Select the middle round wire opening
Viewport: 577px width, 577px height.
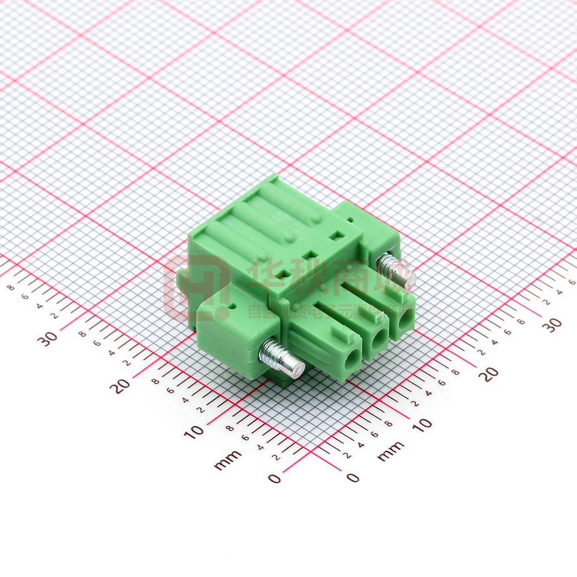click(x=377, y=340)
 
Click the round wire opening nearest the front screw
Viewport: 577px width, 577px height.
click(x=350, y=359)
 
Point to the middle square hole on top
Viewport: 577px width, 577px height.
click(x=308, y=255)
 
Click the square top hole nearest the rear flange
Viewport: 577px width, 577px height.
click(x=337, y=236)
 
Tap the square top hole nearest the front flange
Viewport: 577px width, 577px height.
click(x=280, y=273)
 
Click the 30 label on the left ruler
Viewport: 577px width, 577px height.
click(x=47, y=338)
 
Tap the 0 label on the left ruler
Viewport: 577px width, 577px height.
click(x=274, y=478)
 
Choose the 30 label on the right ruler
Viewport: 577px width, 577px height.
click(x=551, y=324)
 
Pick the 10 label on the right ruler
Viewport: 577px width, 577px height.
click(x=422, y=425)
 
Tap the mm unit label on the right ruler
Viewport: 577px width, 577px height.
click(x=390, y=450)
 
